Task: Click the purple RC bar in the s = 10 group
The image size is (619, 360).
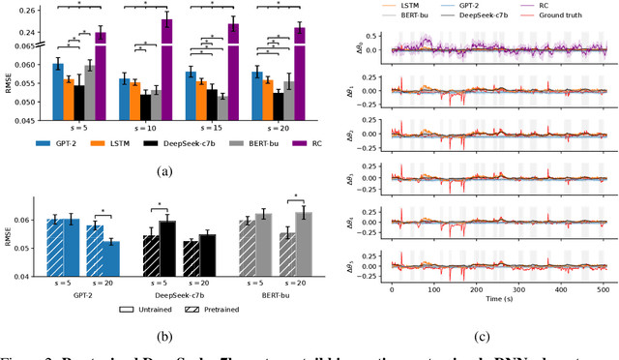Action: click(166, 68)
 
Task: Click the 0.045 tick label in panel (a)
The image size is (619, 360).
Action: click(28, 122)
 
